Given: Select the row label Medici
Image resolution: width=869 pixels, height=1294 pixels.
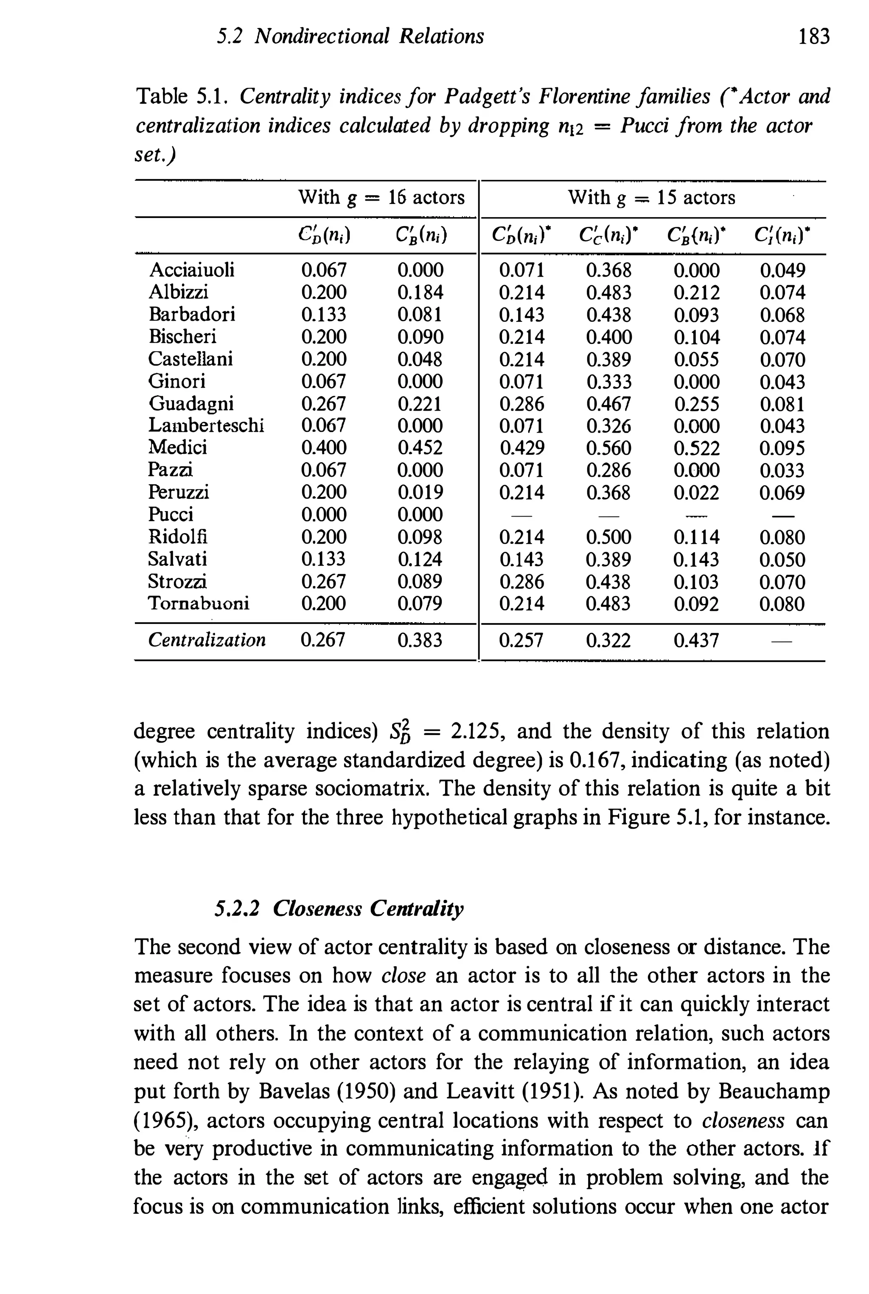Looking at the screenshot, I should (x=177, y=447).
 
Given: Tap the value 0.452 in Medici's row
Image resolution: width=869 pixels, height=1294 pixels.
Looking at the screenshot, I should (x=420, y=447).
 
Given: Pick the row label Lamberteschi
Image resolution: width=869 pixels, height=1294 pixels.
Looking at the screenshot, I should (x=206, y=425).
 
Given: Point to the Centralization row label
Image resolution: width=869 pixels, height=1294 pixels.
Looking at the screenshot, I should (x=207, y=640).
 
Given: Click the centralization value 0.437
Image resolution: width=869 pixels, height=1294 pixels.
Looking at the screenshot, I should (x=696, y=641).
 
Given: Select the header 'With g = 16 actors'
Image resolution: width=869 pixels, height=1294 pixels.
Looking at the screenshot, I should (x=381, y=197).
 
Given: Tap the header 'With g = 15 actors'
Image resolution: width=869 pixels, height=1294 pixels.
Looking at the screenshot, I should (x=652, y=197).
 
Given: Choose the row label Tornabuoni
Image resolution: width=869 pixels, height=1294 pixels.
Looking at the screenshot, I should (x=199, y=603).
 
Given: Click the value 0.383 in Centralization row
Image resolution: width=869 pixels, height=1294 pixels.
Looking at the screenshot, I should (x=420, y=640).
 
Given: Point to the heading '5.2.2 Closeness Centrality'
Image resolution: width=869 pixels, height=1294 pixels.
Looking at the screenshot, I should (x=339, y=909).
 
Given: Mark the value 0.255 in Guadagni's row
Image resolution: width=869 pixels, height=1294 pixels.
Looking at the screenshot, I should (x=696, y=404).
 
